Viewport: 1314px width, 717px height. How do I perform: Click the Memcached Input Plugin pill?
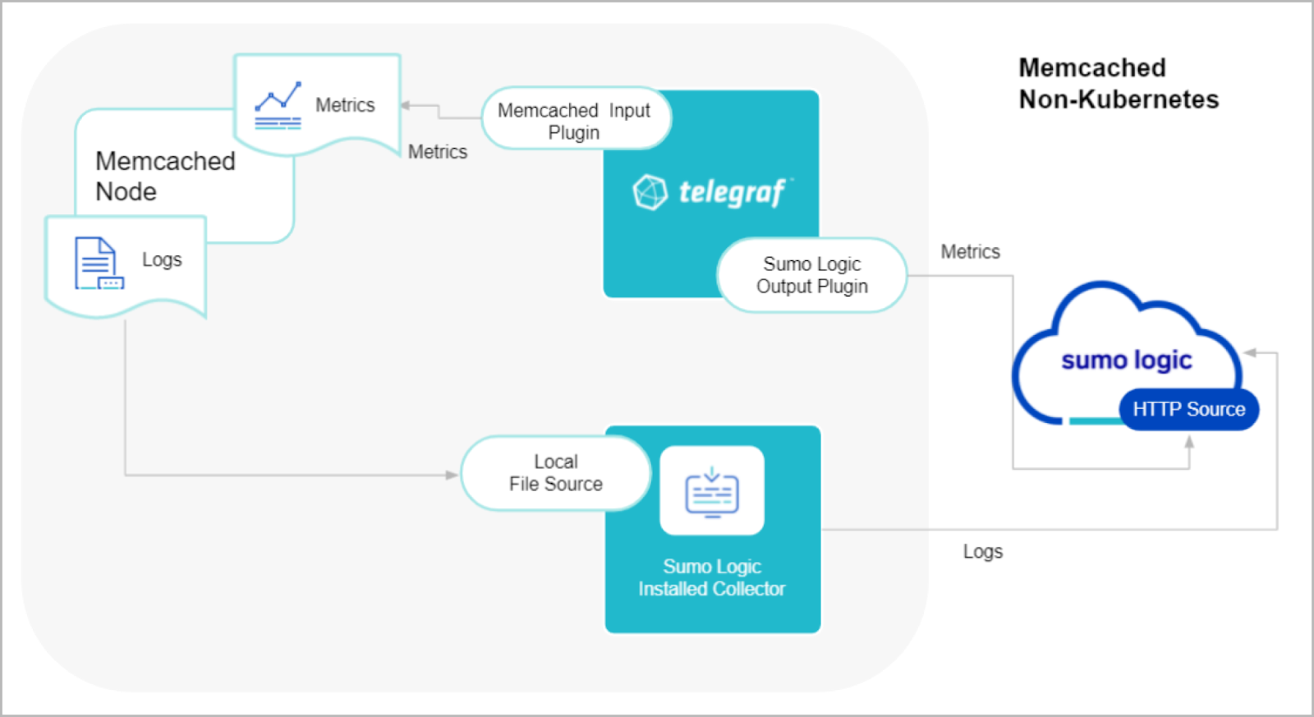(575, 119)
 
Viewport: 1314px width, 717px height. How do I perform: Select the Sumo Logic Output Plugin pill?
(811, 275)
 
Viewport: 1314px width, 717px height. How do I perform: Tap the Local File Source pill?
(555, 473)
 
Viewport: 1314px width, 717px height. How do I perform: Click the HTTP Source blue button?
(1188, 409)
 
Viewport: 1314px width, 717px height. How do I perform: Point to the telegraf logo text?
(731, 192)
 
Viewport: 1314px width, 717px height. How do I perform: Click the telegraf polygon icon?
(650, 192)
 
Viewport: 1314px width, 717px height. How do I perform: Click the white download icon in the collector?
(712, 491)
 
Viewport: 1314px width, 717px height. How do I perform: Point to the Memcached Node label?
(164, 176)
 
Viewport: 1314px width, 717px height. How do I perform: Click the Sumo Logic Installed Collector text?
(712, 577)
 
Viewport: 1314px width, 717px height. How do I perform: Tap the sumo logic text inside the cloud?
(1126, 360)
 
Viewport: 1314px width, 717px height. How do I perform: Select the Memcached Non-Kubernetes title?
(1118, 83)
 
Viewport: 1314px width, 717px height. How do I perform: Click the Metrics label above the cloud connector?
(970, 252)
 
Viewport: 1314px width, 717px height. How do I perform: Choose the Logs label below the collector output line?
(982, 551)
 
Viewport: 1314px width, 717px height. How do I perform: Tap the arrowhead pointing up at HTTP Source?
(1189, 441)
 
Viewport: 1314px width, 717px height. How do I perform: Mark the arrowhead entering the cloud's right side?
(1250, 352)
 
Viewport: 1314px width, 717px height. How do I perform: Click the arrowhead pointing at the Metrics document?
(406, 105)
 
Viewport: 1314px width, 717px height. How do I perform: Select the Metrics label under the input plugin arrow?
(437, 152)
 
